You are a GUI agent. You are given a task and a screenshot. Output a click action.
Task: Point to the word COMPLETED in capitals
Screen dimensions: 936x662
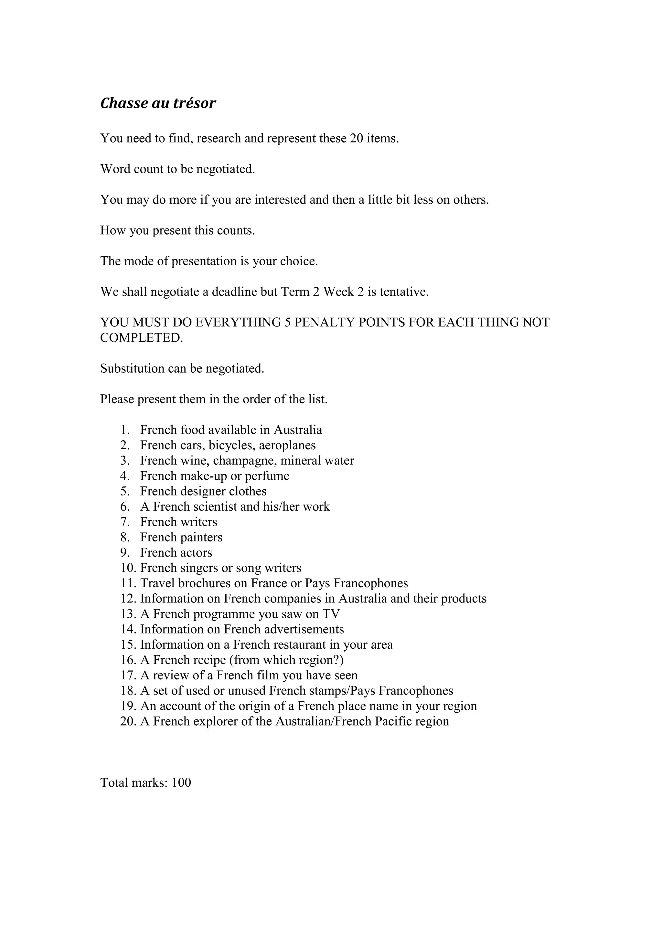click(x=142, y=338)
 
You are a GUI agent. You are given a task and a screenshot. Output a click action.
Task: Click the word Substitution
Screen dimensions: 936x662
click(x=132, y=368)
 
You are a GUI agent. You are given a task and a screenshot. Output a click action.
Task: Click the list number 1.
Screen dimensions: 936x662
click(x=125, y=430)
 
